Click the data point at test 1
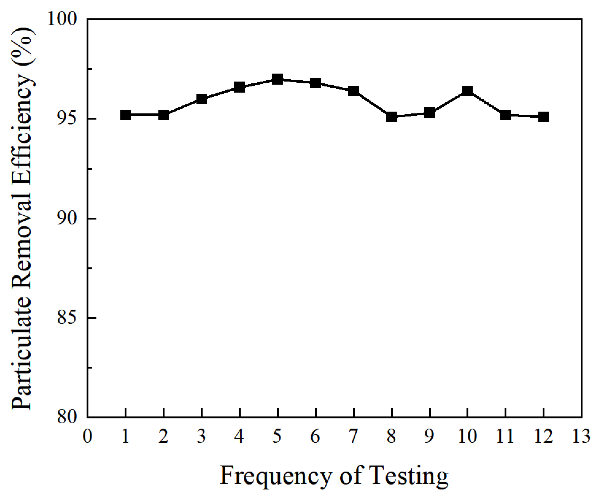point(126,115)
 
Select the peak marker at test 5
point(277,79)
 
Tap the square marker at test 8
point(392,117)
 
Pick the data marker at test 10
point(467,91)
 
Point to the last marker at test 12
point(544,117)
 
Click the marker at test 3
point(202,99)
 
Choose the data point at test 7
point(354,91)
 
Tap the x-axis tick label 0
point(87,436)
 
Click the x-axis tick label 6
point(315,436)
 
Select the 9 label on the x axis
point(429,436)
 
